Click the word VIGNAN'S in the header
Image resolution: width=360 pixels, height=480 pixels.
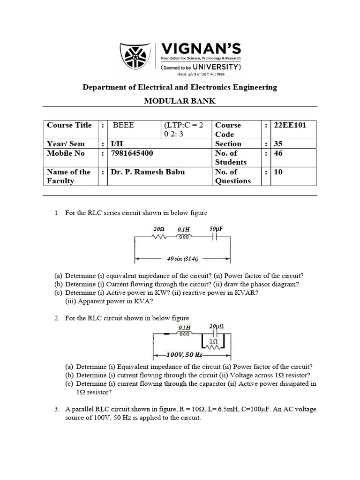(x=201, y=48)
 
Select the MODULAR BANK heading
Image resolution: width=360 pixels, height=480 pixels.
(x=180, y=101)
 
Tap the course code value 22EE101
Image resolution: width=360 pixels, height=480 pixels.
(x=291, y=125)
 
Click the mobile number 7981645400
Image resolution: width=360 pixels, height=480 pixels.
(x=132, y=153)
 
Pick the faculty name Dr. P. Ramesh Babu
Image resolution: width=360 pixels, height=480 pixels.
(x=148, y=172)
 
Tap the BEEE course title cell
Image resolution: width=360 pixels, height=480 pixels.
(x=123, y=125)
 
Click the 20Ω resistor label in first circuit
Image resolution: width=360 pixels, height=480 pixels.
(x=159, y=229)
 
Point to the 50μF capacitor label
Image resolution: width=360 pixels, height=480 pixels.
(x=216, y=229)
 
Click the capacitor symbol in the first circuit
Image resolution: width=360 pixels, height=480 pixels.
(x=215, y=237)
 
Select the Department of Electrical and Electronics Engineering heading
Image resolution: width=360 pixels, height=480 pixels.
(x=180, y=87)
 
